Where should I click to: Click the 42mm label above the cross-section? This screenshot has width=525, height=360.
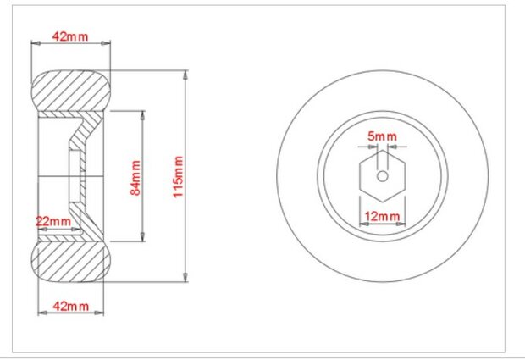(x=70, y=36)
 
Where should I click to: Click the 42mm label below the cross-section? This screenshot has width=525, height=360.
(x=71, y=306)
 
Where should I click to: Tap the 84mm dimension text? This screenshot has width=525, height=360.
(x=135, y=178)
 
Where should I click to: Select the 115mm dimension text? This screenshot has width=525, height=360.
(x=178, y=177)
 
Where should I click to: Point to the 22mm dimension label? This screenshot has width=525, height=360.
(x=53, y=221)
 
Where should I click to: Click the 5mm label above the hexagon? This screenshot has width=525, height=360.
(x=382, y=136)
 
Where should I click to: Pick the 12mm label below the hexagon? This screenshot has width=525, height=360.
(x=382, y=216)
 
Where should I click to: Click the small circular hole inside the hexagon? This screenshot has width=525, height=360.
(x=383, y=176)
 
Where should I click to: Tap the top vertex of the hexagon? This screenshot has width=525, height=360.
(x=383, y=150)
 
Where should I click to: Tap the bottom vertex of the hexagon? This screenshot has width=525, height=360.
(x=383, y=202)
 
